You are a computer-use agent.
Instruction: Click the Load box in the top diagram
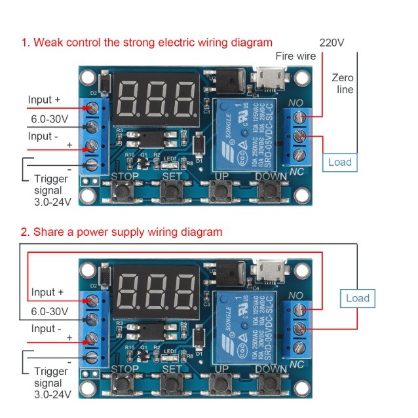(340, 162)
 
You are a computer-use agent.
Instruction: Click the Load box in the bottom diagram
(357, 298)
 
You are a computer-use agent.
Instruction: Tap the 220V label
(332, 43)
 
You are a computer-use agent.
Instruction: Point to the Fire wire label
(295, 56)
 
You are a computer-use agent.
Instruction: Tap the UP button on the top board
(221, 191)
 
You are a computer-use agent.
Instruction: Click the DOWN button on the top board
(270, 191)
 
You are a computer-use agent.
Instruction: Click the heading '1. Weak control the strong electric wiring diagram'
(146, 43)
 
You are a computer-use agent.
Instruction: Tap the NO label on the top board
(296, 103)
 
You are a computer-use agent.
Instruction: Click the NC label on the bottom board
(296, 364)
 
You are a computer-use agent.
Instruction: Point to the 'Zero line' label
(344, 83)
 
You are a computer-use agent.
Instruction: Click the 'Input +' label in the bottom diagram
(48, 292)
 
